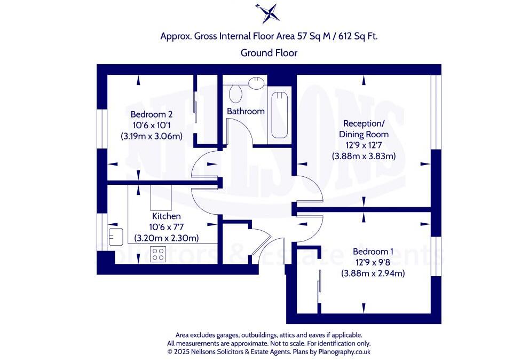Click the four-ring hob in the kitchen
[x=158, y=254]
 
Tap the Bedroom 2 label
[x=152, y=114]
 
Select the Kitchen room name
[x=166, y=216]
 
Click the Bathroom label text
[x=246, y=112]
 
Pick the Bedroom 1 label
[x=373, y=252]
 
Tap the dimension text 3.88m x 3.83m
[x=364, y=156]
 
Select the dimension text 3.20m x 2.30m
[x=166, y=238]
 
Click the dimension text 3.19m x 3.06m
[x=152, y=136]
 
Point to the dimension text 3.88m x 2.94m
[x=373, y=273]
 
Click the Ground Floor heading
[x=269, y=53]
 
